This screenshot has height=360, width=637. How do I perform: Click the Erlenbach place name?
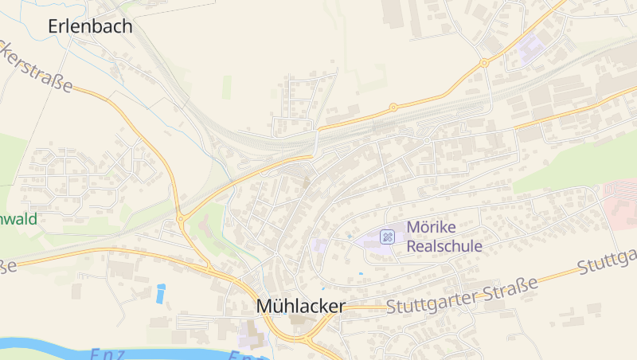[x=90, y=26]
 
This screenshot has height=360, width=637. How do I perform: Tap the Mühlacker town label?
[x=300, y=307]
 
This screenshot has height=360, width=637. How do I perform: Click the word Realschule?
[x=444, y=246]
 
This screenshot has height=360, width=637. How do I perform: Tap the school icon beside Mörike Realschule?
[x=387, y=236]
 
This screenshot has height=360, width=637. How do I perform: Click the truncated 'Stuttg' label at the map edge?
[x=608, y=260]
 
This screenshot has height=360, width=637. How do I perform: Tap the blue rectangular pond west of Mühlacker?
[x=162, y=294]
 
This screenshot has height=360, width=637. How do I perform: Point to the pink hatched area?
[x=620, y=196]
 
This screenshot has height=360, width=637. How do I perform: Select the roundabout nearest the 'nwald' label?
[x=181, y=217]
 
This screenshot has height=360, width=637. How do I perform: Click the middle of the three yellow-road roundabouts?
[x=393, y=107]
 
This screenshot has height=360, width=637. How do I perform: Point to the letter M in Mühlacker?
[x=265, y=307]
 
